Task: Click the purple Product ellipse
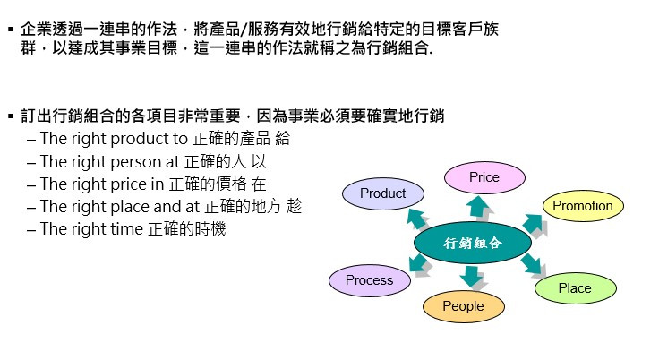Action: coord(382,193)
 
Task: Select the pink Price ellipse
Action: coord(484,177)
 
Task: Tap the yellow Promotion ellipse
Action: coord(582,206)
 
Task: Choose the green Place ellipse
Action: coord(574,287)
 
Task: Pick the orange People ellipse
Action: coord(463,306)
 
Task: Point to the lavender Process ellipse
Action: coord(369,280)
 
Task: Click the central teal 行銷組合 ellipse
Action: coord(472,242)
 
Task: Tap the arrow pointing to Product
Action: coord(417,218)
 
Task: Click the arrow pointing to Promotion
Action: coord(532,223)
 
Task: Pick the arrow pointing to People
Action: coord(470,276)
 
